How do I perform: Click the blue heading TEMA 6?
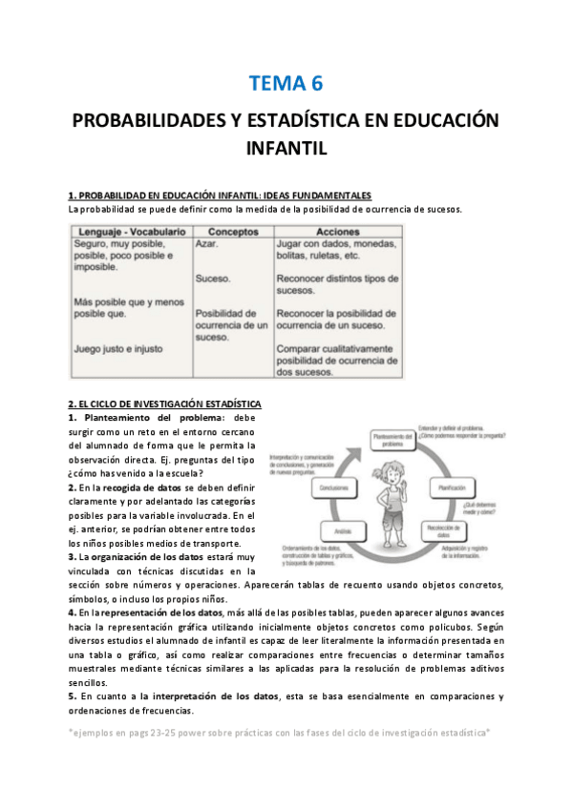(x=286, y=84)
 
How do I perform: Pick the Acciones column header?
(x=337, y=231)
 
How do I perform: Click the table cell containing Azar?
(x=207, y=244)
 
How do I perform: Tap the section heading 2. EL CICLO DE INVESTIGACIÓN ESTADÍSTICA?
(x=164, y=403)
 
